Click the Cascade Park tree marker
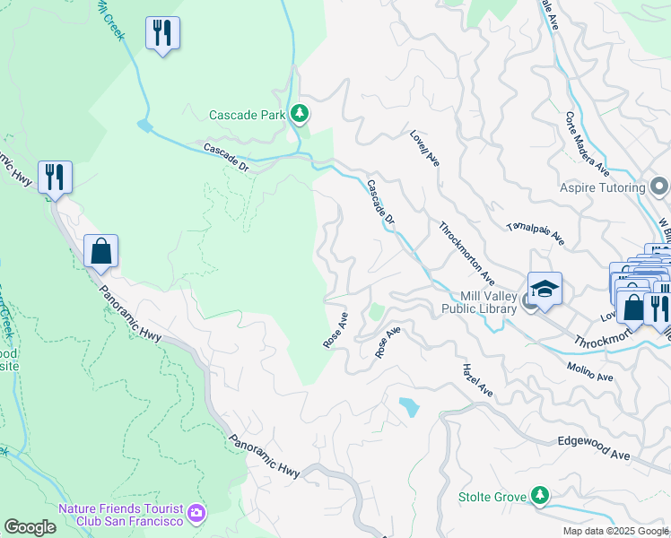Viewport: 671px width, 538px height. pos(299,114)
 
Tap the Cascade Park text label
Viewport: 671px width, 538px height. pos(247,115)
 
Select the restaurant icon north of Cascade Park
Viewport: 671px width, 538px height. pos(162,34)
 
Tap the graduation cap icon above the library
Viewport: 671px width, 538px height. pos(545,289)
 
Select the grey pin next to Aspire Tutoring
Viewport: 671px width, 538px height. pos(660,187)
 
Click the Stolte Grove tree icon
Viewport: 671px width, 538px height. pos(539,495)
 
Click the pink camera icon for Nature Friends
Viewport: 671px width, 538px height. pos(197,515)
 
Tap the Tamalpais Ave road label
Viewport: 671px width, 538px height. pos(535,234)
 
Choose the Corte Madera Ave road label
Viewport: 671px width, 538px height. pos(588,144)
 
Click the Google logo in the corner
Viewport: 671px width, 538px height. pos(30,527)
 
